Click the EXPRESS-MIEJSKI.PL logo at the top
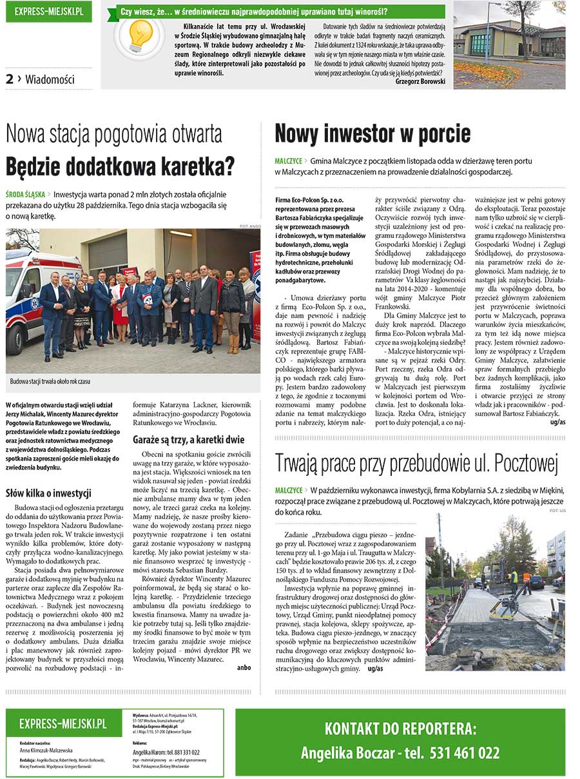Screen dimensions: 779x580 coord(49,12)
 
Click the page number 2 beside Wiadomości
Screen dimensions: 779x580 coord(10,79)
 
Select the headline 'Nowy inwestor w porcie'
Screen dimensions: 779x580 coord(372,133)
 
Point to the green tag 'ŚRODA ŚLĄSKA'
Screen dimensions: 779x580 coord(26,194)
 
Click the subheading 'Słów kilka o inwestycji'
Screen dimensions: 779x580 coord(48,493)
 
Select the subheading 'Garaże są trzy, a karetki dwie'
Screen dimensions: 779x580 coord(188,440)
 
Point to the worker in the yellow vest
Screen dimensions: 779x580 coord(513,580)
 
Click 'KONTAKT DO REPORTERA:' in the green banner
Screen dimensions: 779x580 coord(400,729)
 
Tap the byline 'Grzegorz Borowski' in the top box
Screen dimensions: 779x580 coord(420,82)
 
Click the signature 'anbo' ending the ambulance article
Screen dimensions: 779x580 coord(244,667)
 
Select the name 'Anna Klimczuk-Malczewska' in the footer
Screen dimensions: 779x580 coord(46,751)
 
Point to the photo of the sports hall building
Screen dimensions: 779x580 coord(508,44)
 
